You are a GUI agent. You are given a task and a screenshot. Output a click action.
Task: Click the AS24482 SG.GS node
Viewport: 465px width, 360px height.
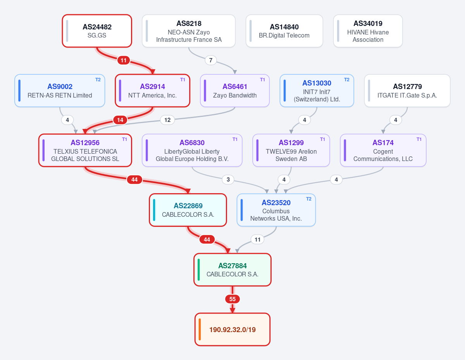coord(97,31)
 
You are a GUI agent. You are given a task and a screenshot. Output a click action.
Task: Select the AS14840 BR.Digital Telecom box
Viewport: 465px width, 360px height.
coord(284,31)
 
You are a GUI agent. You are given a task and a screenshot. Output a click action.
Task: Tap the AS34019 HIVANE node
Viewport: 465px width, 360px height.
coord(368,31)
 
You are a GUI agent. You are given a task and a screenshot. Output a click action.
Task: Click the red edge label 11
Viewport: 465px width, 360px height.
coord(124,60)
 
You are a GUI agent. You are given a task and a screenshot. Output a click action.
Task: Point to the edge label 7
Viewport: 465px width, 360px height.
coord(211,60)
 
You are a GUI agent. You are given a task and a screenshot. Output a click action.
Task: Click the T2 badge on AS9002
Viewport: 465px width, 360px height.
coord(98,80)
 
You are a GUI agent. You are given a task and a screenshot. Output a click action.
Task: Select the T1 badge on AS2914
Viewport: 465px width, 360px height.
coord(183,80)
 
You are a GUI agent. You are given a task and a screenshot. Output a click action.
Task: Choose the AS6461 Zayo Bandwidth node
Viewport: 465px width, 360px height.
coord(235,91)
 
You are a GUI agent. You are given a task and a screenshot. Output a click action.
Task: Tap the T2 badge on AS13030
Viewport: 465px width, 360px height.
coord(347,80)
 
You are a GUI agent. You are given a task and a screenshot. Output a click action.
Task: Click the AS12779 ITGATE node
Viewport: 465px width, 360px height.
coord(407,91)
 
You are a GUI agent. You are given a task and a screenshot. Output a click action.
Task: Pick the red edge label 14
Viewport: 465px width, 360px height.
coord(120,120)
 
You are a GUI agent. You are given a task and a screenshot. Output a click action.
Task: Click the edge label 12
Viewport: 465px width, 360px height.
coord(167,120)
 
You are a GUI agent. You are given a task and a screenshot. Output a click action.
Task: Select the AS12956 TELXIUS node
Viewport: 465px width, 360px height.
coord(85,150)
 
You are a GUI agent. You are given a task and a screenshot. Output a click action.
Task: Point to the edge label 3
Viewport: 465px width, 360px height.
coord(228,180)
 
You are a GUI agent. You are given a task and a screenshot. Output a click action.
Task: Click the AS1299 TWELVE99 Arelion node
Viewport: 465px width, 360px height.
coord(291,150)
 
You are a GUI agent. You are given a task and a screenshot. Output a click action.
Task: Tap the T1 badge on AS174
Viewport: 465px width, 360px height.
coord(419,139)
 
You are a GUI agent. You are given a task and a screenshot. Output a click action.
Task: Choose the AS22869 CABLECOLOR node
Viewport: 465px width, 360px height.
coord(188,210)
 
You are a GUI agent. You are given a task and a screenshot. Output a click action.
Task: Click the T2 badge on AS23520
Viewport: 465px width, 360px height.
coord(308,199)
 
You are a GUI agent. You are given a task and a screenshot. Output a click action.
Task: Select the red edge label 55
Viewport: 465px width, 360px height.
coord(232,299)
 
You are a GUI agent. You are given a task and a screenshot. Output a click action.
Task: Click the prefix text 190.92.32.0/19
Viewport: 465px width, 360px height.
coord(232,330)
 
